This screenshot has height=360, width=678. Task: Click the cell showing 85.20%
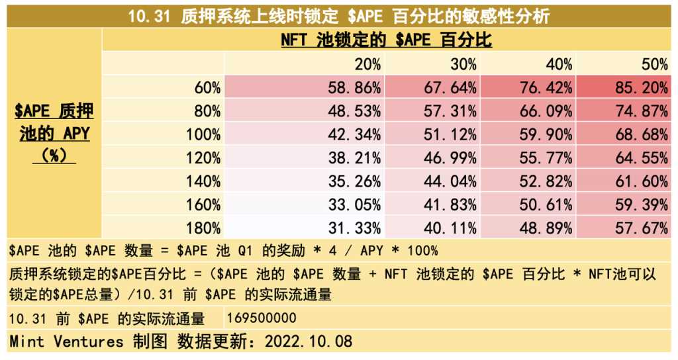(x=641, y=87)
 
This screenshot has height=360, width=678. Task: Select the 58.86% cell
(x=354, y=87)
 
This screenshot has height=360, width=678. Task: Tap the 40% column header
(x=559, y=64)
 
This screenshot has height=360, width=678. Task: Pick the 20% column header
(x=367, y=64)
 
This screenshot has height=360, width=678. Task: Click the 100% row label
(x=203, y=135)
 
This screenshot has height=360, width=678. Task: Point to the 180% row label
(x=203, y=228)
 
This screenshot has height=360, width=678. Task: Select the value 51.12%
(x=450, y=135)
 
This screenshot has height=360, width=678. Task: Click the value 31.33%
(x=354, y=228)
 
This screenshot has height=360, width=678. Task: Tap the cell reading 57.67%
(x=641, y=228)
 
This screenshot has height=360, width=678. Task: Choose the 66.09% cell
(x=546, y=111)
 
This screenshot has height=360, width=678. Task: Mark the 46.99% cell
(x=450, y=158)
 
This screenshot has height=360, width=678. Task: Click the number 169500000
(x=262, y=318)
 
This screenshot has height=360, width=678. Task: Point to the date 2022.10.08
(x=308, y=342)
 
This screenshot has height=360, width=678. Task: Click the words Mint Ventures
(x=66, y=342)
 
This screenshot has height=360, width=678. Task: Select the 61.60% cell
(x=641, y=182)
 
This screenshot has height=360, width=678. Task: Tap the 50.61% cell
(x=546, y=205)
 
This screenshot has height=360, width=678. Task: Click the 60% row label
(x=207, y=87)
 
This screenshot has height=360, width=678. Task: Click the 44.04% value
(x=450, y=182)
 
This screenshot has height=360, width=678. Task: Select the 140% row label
(x=203, y=182)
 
